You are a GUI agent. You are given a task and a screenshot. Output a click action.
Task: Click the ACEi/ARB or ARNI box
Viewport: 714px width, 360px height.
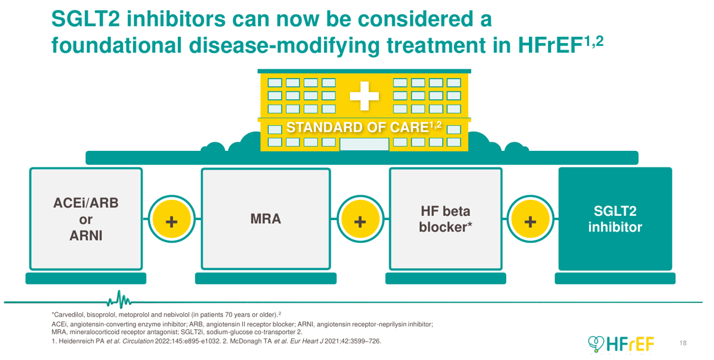tap(86, 219)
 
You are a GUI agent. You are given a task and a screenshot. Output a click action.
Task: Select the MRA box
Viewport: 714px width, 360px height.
tap(265, 219)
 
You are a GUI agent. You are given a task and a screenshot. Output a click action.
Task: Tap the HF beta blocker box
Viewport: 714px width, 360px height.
tap(445, 219)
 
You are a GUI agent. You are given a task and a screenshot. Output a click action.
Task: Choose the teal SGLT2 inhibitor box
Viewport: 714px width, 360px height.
tap(615, 219)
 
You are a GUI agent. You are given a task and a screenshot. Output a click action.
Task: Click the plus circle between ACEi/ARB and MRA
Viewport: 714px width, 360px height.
tap(172, 221)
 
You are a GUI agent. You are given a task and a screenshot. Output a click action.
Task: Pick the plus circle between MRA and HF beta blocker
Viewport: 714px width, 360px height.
tap(360, 221)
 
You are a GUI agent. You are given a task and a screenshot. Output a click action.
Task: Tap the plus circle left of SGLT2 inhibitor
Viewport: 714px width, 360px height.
tap(530, 221)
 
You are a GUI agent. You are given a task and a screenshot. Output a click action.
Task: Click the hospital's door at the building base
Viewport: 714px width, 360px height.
tap(364, 144)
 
